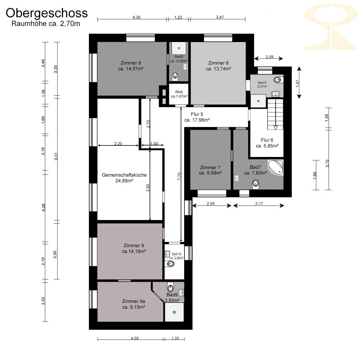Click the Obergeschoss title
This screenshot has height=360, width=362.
click(x=47, y=14)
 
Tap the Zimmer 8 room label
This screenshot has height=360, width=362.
click(x=131, y=66)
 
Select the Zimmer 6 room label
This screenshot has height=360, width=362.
click(x=218, y=66)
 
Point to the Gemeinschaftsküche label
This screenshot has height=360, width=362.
click(x=124, y=178)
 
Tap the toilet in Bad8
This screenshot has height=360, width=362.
click(x=175, y=76)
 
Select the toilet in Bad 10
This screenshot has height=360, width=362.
click(x=169, y=264)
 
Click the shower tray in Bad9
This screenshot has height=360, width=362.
click(x=174, y=312)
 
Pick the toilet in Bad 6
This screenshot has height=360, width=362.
click(x=278, y=79)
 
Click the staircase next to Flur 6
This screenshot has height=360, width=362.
click(x=275, y=114)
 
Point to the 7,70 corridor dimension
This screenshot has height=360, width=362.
click(x=179, y=177)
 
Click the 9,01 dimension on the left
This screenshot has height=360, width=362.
click(x=56, y=156)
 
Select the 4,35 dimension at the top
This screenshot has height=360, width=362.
click(x=137, y=17)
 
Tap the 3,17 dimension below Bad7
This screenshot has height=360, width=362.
click(x=259, y=204)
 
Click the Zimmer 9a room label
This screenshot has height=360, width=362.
click(x=134, y=304)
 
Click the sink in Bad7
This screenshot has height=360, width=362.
click(x=236, y=178)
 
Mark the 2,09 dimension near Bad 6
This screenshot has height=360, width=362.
click(x=270, y=57)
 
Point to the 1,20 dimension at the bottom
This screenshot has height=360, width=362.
click(x=175, y=338)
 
